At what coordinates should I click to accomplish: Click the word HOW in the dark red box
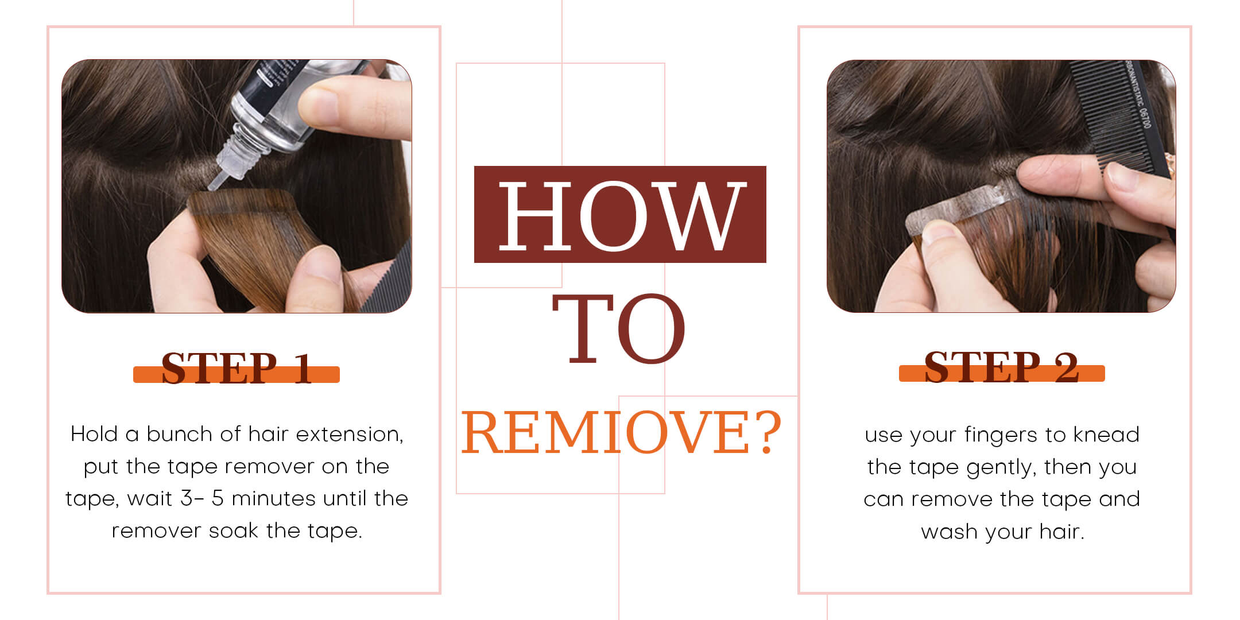pos(622,216)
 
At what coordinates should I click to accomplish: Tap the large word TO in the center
pos(619,329)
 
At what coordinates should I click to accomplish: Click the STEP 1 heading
pos(237,367)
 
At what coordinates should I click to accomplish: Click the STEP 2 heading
pos(1002,367)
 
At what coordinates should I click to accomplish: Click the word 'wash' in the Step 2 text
pos(950,532)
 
